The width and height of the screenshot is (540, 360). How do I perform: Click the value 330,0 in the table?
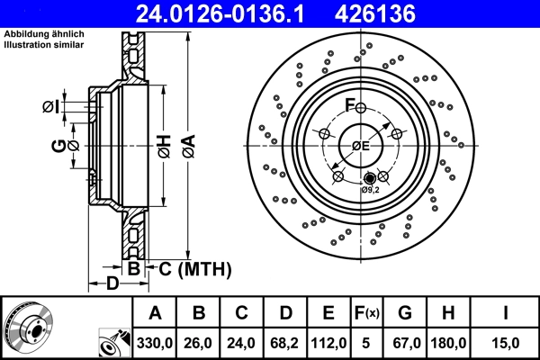pos(155,344)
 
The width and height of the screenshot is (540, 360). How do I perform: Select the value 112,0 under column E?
pos(330,344)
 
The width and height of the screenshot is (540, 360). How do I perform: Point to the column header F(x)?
pos(369,314)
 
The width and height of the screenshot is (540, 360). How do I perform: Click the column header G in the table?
pos(405,314)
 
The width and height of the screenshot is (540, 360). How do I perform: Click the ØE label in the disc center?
pos(360,146)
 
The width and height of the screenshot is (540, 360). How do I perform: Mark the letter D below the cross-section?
pos(113,284)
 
